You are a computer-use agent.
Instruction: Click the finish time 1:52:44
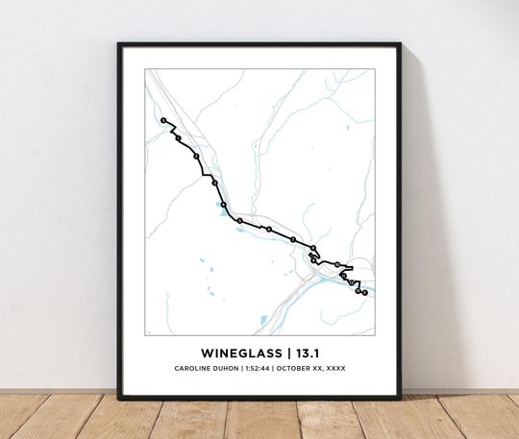click(x=258, y=369)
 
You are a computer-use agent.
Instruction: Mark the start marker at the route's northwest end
click(x=163, y=120)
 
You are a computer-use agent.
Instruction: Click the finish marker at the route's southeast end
click(x=364, y=292)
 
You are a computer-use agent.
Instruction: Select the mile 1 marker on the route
click(x=178, y=138)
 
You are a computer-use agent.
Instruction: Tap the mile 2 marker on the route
click(x=196, y=156)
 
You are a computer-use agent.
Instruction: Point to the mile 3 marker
click(x=214, y=183)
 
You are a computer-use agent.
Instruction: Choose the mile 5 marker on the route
click(x=240, y=221)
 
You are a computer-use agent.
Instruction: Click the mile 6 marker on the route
click(x=268, y=230)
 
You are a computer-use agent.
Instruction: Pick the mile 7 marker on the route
click(x=293, y=239)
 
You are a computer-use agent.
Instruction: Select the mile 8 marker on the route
click(x=313, y=248)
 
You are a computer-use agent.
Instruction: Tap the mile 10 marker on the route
click(x=336, y=264)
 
